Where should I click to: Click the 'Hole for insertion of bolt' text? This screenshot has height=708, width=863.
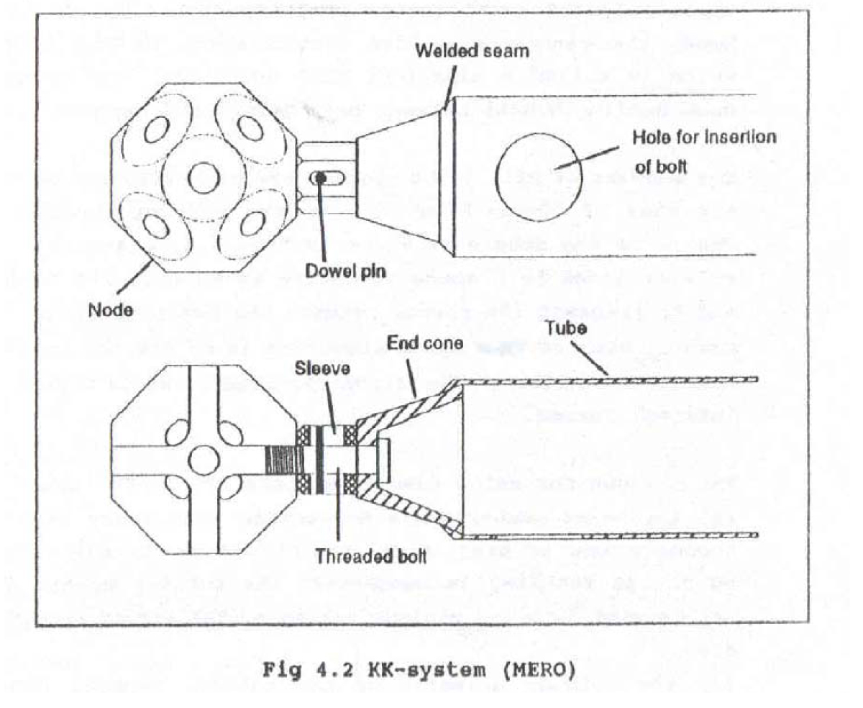[703, 152]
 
